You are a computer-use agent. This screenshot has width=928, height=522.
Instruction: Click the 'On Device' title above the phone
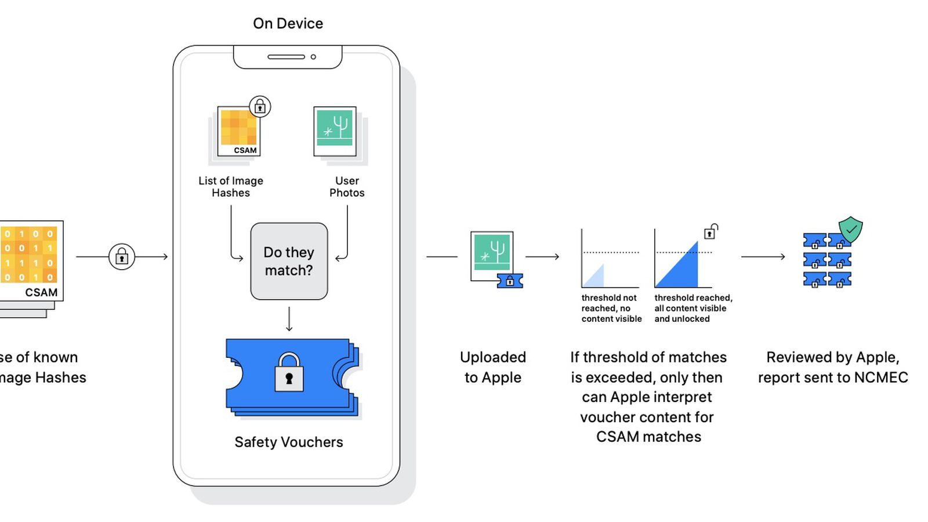(288, 24)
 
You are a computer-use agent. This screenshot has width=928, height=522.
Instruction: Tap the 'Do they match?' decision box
(289, 262)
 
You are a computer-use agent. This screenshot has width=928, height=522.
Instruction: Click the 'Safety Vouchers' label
(289, 442)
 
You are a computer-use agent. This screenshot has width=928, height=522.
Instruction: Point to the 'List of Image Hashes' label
(231, 187)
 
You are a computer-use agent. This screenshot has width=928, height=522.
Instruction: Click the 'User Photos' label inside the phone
(347, 187)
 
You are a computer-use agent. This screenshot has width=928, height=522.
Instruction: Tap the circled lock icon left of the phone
(122, 256)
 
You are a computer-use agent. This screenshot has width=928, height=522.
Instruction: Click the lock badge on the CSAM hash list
(260, 107)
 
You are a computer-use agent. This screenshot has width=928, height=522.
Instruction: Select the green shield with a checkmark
(851, 230)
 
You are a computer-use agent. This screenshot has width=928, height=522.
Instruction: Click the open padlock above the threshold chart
(710, 232)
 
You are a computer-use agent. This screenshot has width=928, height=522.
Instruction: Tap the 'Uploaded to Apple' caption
(493, 367)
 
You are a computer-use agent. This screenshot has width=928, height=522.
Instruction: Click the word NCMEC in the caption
(881, 378)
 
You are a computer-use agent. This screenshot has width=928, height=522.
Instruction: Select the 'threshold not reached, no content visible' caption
(611, 308)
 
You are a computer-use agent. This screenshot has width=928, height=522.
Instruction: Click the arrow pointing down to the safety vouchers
(289, 319)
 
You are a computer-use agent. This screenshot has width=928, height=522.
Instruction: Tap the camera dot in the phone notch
(313, 57)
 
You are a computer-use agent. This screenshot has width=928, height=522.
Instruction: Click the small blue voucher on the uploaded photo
(510, 281)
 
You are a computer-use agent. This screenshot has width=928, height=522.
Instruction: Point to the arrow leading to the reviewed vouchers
(763, 256)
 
